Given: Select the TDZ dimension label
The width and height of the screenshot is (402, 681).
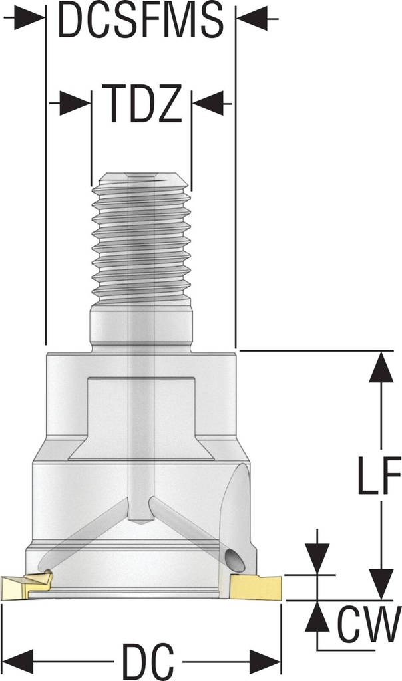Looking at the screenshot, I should tap(141, 104).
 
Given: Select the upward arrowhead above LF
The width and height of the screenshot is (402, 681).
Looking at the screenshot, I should tap(381, 368).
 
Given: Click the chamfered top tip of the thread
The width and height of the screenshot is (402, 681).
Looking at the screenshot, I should tap(140, 178).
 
